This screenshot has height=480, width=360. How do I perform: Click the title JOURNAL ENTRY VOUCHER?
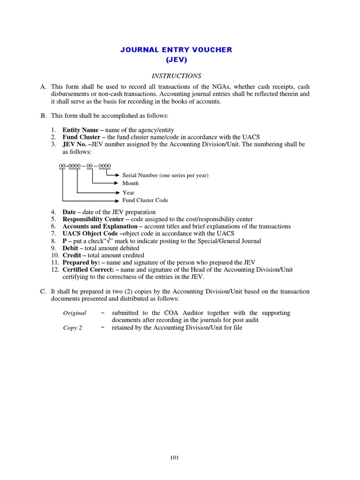pyautogui.click(x=176, y=50)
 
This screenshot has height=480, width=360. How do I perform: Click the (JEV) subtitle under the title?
pyautogui.click(x=176, y=60)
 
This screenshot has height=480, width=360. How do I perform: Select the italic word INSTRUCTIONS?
pyautogui.click(x=176, y=75)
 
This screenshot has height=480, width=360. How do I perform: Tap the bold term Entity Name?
pyautogui.click(x=80, y=130)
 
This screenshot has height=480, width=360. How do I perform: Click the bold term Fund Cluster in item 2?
pyautogui.click(x=81, y=137)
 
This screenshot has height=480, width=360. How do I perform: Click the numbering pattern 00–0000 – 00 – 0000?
pyautogui.click(x=85, y=166)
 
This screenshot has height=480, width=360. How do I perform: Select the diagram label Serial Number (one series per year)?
pyautogui.click(x=165, y=175)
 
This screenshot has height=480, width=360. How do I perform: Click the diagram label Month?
pyautogui.click(x=130, y=183)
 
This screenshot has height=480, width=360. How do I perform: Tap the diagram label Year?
pyautogui.click(x=128, y=193)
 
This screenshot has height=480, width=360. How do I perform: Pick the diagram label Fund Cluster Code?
pyautogui.click(x=145, y=200)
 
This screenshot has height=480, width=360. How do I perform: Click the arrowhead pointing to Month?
pyautogui.click(x=120, y=183)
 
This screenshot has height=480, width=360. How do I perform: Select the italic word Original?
pyautogui.click(x=75, y=313)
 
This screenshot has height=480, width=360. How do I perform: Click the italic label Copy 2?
pyautogui.click(x=73, y=328)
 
